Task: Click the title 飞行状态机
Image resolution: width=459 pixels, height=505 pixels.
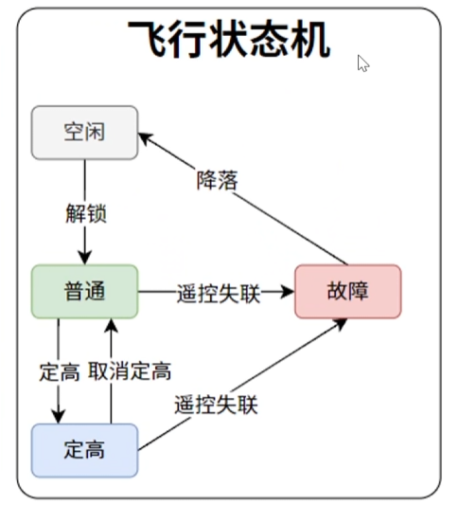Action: tap(229, 39)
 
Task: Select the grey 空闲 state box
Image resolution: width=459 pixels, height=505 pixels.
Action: tap(84, 133)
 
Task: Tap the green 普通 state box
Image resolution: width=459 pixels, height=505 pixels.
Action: tap(84, 292)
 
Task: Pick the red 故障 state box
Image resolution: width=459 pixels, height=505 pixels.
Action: tap(348, 292)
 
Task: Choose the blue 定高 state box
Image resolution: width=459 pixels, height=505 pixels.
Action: tap(84, 450)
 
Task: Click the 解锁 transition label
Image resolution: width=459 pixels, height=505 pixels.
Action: tap(86, 213)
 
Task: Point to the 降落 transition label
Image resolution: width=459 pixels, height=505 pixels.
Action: tap(218, 180)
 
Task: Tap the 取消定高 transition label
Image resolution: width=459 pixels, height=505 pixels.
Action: tap(130, 371)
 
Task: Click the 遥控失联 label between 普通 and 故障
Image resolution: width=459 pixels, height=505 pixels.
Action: tap(219, 293)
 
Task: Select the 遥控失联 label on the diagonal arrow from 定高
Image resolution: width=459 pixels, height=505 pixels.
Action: tap(216, 405)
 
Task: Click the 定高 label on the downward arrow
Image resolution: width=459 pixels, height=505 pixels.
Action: tap(60, 372)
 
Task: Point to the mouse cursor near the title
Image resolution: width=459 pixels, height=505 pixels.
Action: tap(363, 63)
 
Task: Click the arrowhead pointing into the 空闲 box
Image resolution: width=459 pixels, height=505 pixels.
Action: tap(146, 138)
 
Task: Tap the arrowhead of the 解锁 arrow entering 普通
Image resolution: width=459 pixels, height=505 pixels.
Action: tap(85, 257)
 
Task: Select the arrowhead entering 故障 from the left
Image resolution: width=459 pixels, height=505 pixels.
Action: tap(287, 292)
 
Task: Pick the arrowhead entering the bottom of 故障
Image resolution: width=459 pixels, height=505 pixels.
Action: tap(340, 324)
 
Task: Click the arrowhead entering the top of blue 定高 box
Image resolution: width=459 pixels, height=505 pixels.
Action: tap(59, 416)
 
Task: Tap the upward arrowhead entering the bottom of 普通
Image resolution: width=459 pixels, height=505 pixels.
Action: tap(112, 326)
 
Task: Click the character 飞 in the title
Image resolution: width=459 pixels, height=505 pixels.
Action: tap(147, 39)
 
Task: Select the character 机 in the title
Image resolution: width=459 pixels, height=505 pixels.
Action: tap(311, 39)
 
